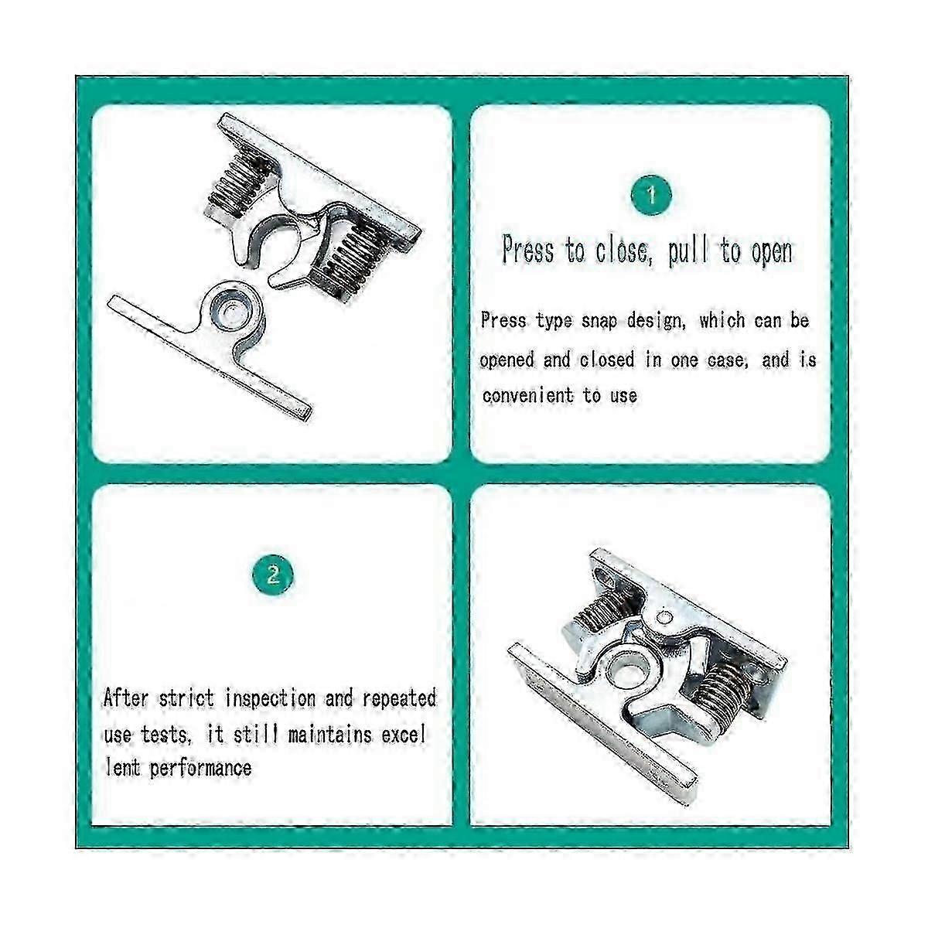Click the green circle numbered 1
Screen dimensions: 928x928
(x=651, y=194)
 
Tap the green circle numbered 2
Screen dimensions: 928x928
(x=272, y=575)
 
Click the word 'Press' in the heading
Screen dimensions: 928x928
(x=528, y=251)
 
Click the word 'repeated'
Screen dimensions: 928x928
(x=398, y=698)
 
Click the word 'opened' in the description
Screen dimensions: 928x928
(x=507, y=360)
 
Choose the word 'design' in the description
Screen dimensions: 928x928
(x=654, y=320)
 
